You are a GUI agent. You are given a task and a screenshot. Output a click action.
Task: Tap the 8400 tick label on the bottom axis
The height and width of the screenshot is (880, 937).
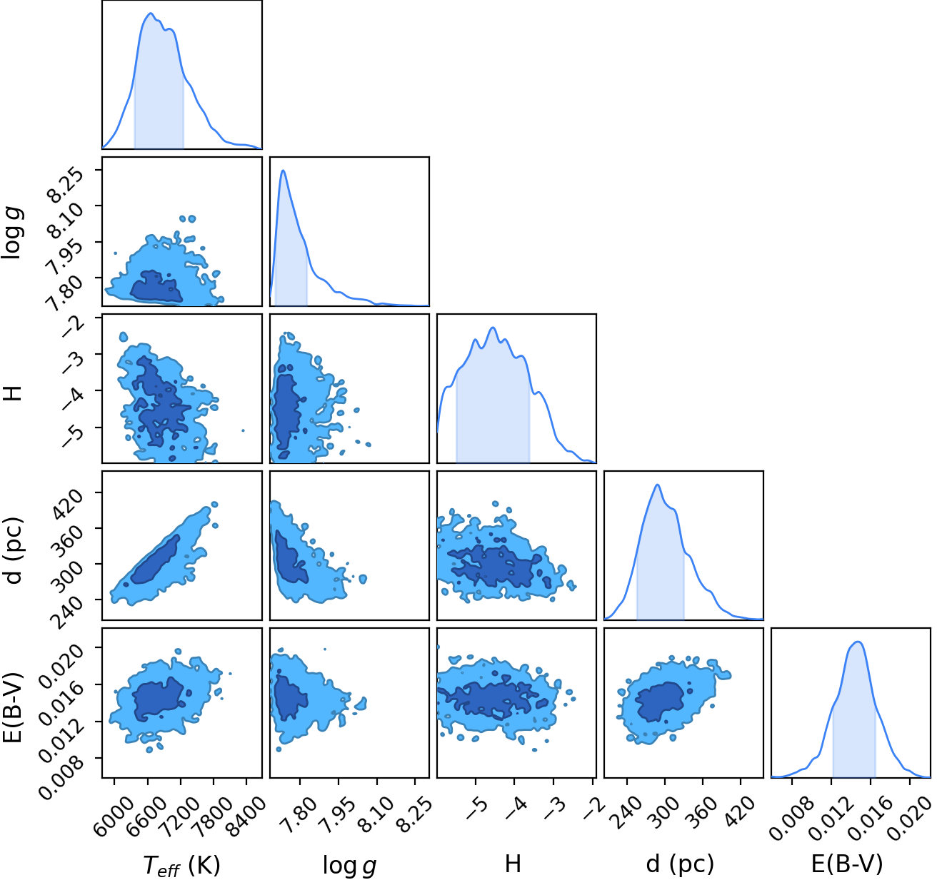244,810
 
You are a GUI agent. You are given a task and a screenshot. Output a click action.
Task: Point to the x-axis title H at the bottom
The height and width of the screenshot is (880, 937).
513,864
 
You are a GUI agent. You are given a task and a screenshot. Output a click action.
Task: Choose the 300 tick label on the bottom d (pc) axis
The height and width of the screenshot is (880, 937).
663,807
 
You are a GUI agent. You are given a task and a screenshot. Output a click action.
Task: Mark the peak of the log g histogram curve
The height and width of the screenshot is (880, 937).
283,171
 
